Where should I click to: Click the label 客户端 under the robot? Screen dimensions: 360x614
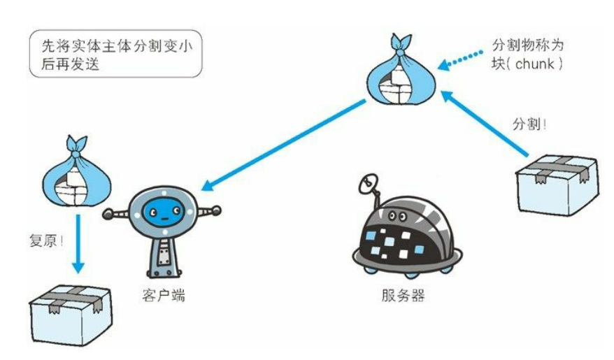pyautogui.click(x=163, y=296)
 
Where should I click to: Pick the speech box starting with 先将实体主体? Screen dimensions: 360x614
pyautogui.click(x=113, y=52)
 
